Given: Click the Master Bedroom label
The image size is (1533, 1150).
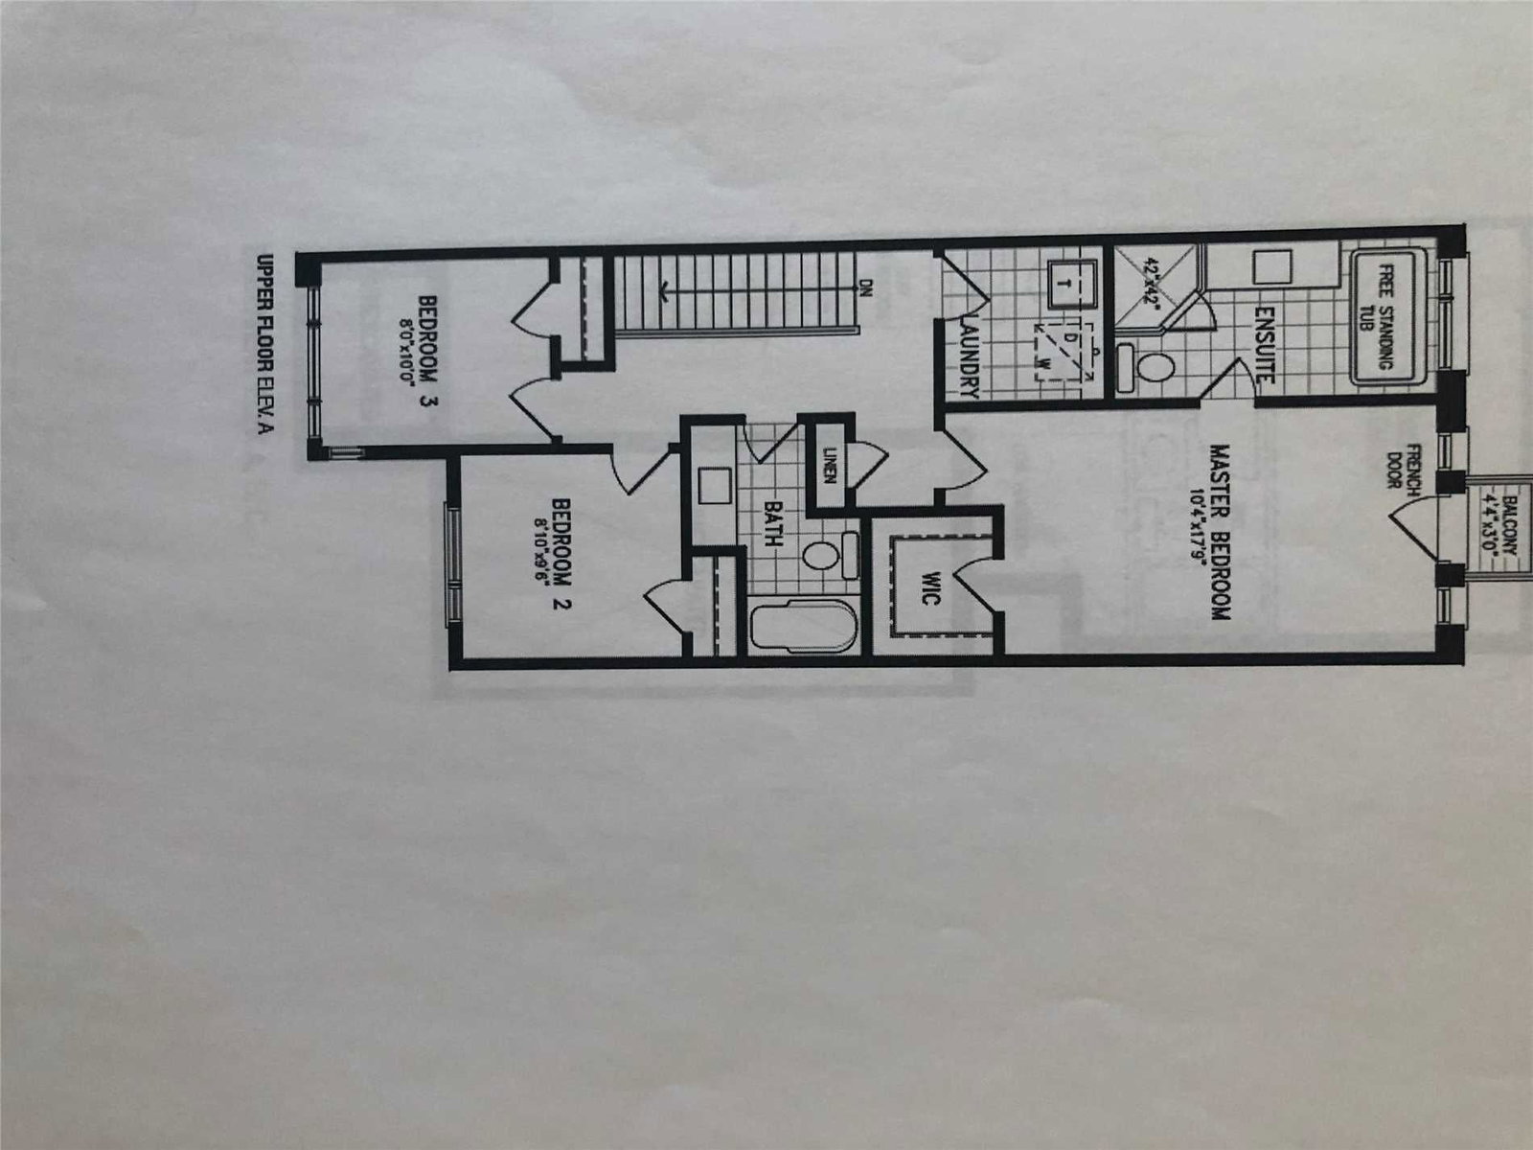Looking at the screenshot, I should coord(1220,531).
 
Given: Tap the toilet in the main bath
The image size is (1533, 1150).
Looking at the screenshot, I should coord(822,556).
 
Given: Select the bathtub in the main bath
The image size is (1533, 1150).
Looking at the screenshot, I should coord(801,629).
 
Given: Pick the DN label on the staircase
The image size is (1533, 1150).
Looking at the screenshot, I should coord(865,287).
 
